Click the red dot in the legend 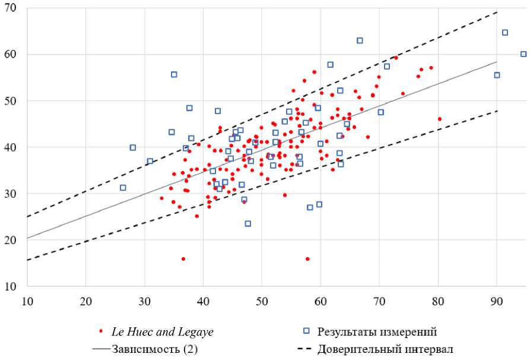click(x=101, y=331)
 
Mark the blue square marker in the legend click(x=306, y=331)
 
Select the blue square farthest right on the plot click(x=523, y=54)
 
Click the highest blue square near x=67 click(x=360, y=40)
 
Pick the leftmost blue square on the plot click(x=123, y=188)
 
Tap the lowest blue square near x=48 click(x=247, y=224)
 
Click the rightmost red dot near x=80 click(x=439, y=119)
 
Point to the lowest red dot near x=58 click(x=307, y=259)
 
